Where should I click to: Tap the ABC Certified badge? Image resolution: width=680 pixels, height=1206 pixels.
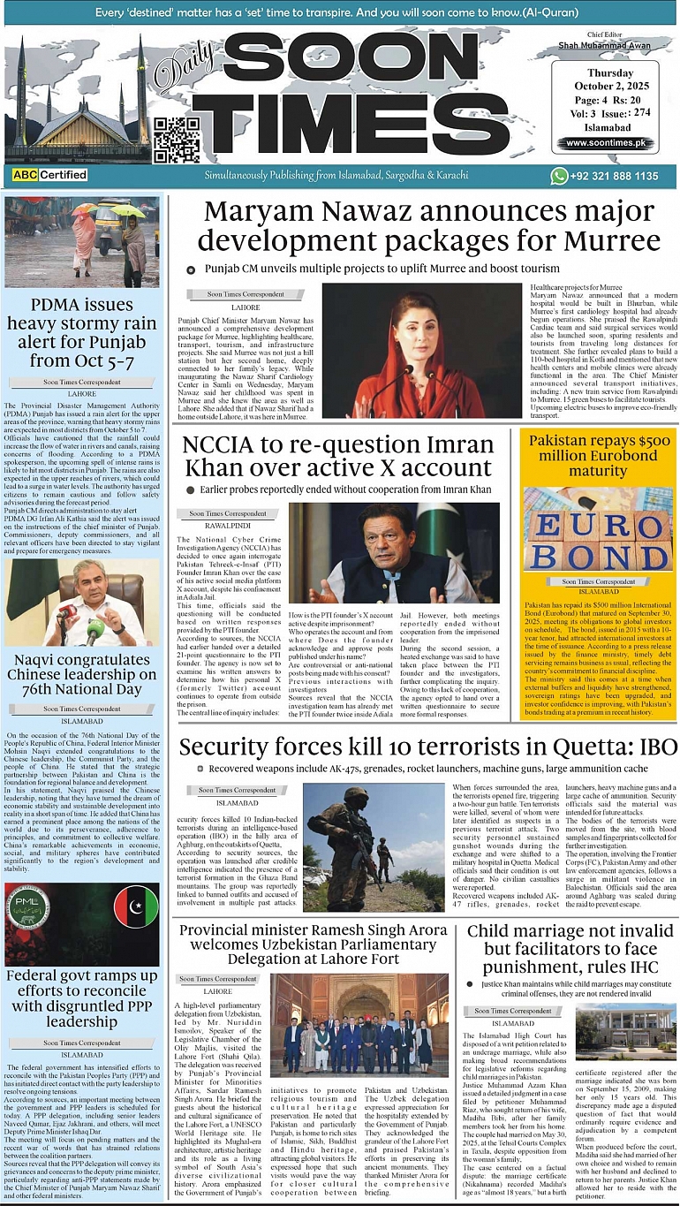[x=49, y=175]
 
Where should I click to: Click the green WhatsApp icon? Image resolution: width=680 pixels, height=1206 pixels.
[x=559, y=176]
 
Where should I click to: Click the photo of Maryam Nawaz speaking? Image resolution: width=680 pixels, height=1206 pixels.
[x=424, y=350]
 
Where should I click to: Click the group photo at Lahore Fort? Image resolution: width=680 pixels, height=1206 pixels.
[x=359, y=1024]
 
